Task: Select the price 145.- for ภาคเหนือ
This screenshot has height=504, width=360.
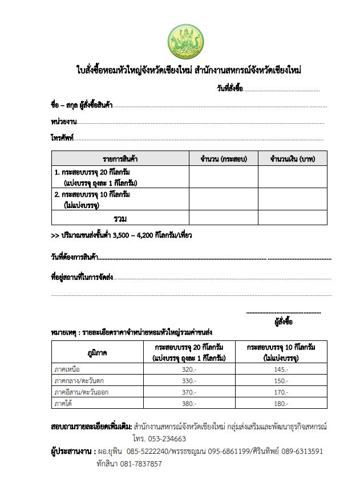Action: point(281,369)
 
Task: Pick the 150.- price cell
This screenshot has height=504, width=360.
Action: point(281,380)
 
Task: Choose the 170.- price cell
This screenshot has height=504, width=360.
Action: point(281,392)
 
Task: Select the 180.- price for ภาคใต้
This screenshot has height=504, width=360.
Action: point(281,403)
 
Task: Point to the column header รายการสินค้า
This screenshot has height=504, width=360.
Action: point(120,158)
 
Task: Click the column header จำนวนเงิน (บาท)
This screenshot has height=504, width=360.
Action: point(293,158)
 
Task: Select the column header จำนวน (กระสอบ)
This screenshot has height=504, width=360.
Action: point(223,158)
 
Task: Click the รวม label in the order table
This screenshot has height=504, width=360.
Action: point(120,218)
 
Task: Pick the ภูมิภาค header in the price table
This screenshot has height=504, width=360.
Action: point(98,352)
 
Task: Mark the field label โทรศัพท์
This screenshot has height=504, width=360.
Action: point(62,137)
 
